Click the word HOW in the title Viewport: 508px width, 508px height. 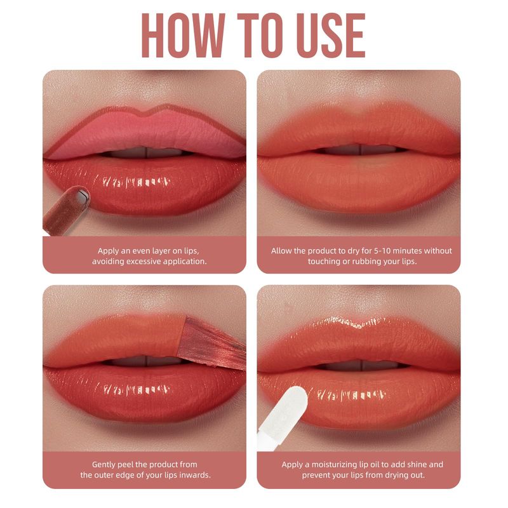183,36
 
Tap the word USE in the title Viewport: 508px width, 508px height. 331,36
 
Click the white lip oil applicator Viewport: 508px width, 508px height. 283,418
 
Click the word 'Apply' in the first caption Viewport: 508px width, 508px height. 108,251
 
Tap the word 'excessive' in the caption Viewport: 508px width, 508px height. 144,261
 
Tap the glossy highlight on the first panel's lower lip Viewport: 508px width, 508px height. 137,182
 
